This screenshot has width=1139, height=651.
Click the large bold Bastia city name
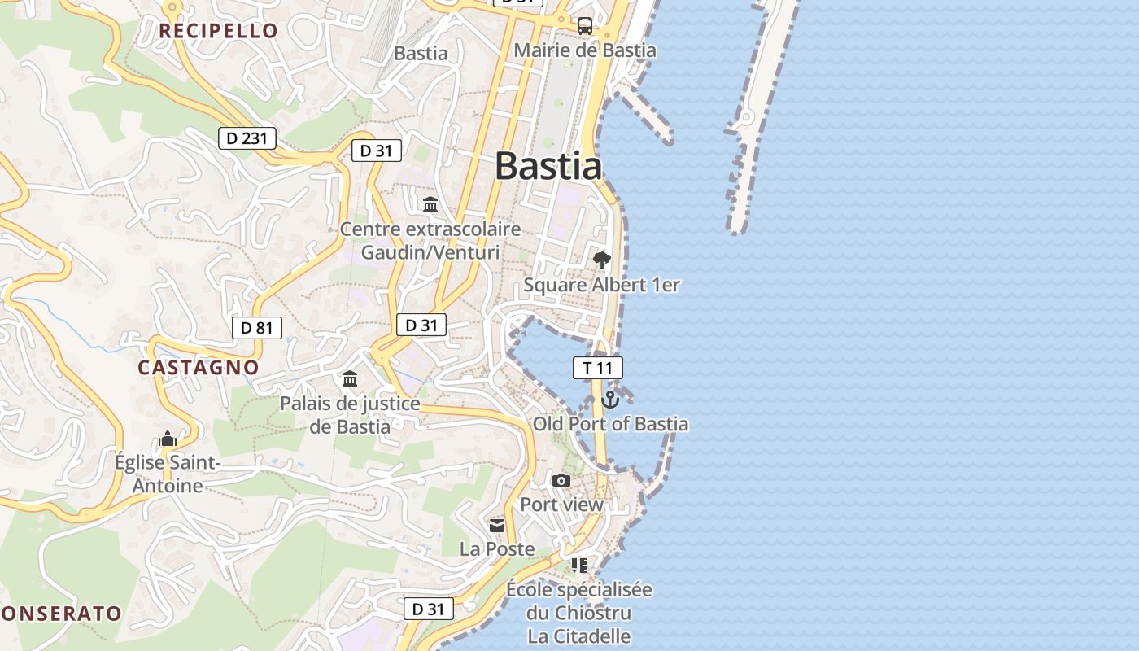(548, 166)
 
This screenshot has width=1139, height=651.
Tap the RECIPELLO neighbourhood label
(218, 31)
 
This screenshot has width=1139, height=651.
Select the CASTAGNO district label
(199, 367)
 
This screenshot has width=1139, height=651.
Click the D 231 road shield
(247, 138)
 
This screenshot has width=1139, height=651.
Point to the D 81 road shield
(257, 328)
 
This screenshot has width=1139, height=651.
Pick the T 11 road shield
(598, 368)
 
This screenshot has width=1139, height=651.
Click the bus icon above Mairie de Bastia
(585, 25)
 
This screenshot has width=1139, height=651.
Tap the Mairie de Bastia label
(585, 50)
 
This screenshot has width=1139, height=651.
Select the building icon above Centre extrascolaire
(430, 203)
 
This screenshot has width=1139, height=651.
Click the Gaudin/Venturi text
(430, 252)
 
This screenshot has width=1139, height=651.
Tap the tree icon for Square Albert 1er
(601, 260)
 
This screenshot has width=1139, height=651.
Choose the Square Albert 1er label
(601, 285)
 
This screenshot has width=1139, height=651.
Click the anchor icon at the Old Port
(610, 400)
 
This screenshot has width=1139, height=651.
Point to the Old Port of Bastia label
(610, 424)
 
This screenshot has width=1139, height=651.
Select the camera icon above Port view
(561, 480)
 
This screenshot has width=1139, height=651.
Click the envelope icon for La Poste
(497, 525)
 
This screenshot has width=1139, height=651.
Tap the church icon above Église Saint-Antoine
(168, 439)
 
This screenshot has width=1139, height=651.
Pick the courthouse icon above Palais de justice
(350, 378)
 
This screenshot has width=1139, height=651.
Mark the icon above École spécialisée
(578, 565)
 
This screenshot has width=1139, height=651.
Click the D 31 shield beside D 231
(377, 151)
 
